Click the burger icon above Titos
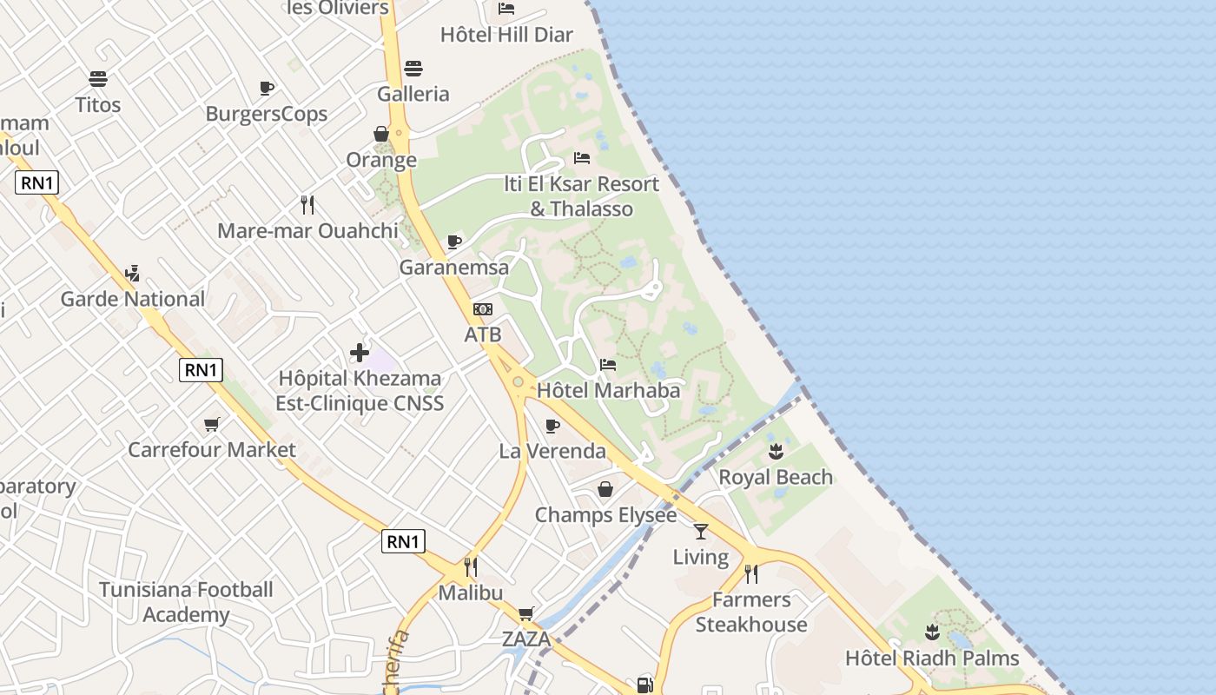[98, 79]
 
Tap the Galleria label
[413, 94]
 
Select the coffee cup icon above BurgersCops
[267, 89]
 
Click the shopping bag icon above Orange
[380, 134]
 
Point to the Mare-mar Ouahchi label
[307, 230]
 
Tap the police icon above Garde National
[132, 274]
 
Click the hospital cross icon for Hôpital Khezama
[359, 353]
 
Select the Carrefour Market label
[212, 450]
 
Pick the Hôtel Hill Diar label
[506, 35]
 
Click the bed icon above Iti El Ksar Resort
[582, 158]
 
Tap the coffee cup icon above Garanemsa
[453, 242]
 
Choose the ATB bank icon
[483, 309]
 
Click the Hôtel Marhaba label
[608, 390]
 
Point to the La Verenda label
[552, 451]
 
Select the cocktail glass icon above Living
[701, 531]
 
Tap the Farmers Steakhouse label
[751, 612]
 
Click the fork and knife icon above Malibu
[471, 567]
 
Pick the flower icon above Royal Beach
[776, 451]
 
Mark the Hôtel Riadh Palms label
[932, 658]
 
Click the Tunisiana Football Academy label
[186, 602]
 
